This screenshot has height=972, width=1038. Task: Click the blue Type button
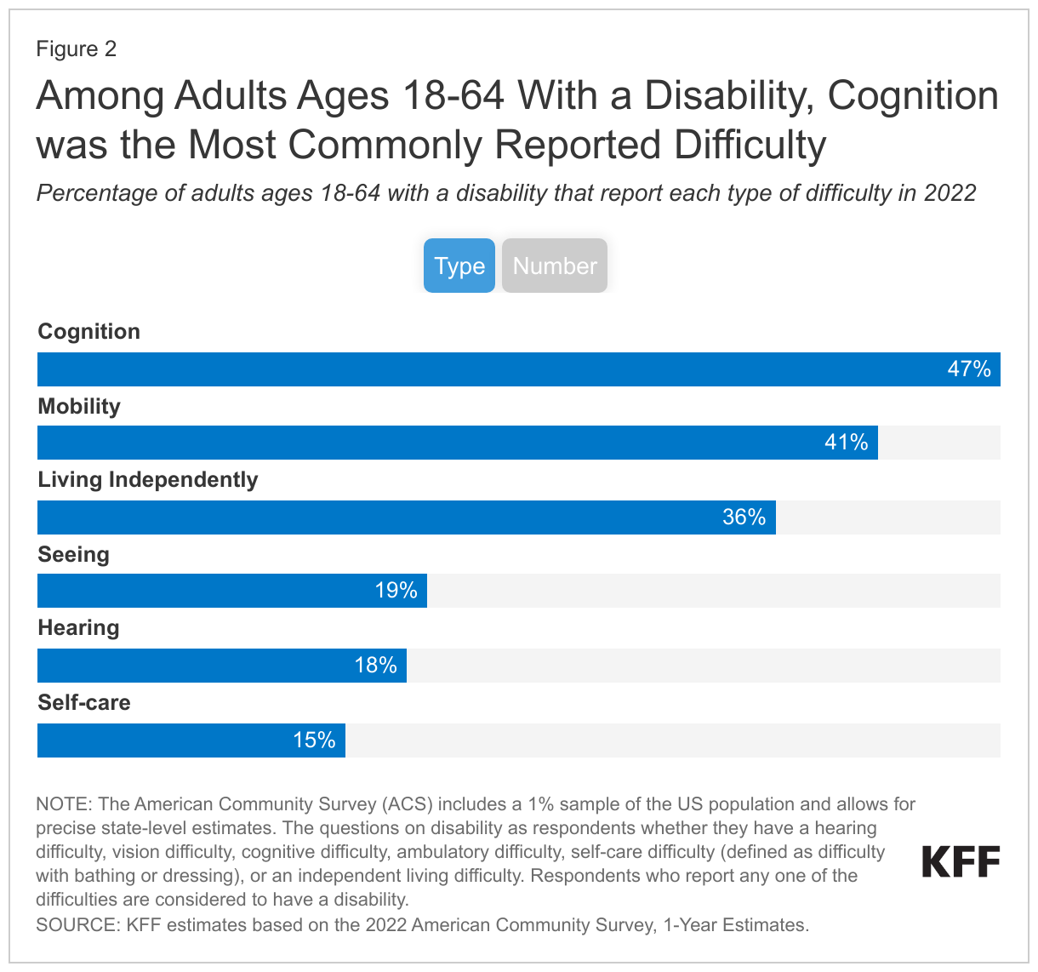point(459,266)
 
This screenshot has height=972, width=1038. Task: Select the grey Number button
point(555,266)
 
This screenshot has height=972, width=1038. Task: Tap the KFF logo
point(961,862)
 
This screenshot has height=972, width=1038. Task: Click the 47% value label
point(969,369)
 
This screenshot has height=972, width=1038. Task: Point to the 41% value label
point(847,443)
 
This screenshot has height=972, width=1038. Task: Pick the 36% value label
point(744,517)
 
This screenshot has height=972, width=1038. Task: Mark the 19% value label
point(396,591)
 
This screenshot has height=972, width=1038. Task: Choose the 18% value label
point(376,666)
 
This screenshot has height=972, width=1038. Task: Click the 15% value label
point(315,740)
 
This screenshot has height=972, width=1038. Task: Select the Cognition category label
point(89,332)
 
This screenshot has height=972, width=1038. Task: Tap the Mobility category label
point(79,407)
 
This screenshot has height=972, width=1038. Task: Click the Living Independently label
point(148,480)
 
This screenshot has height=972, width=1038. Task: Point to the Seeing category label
point(74,555)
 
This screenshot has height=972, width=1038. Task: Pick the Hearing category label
point(79,628)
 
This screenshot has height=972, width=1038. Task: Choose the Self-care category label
point(84,703)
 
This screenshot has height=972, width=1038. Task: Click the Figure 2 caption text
point(77,49)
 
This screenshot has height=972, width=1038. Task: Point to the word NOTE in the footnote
point(62,804)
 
